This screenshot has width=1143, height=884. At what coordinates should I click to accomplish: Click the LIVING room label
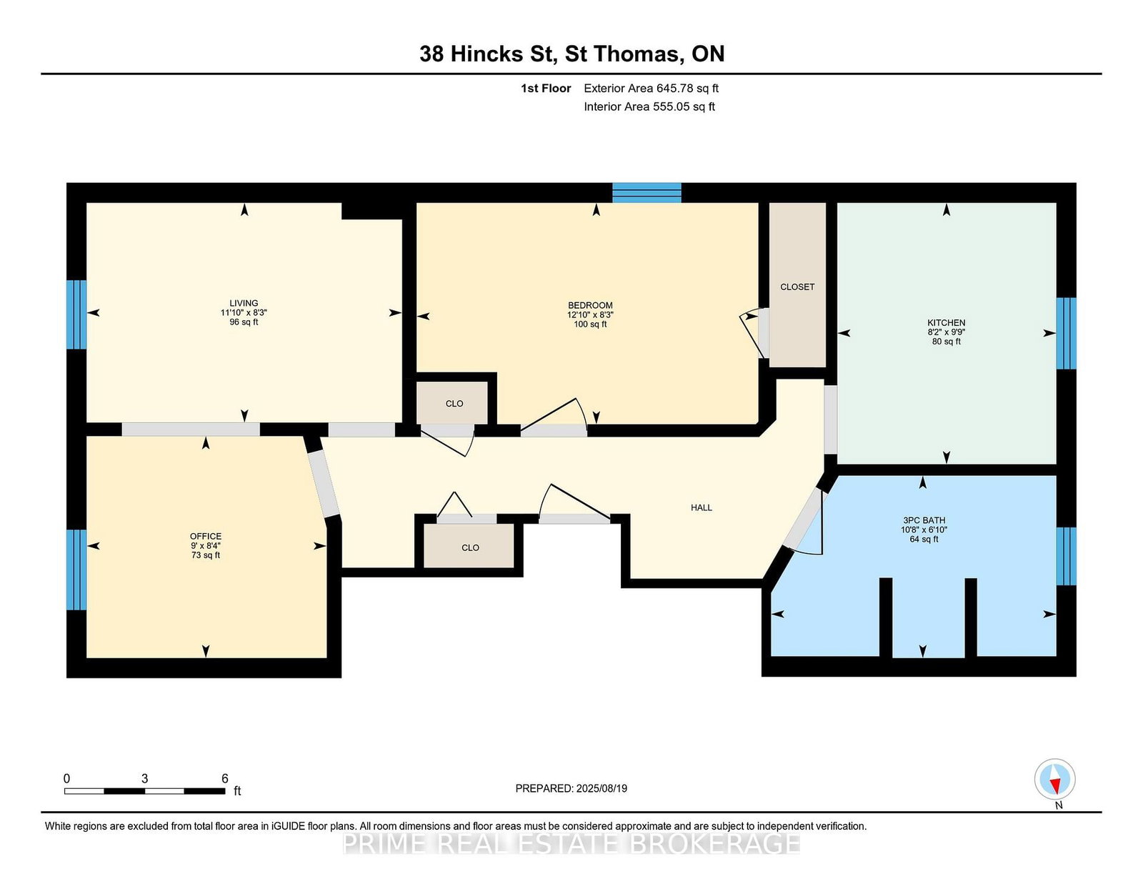pyautogui.click(x=244, y=303)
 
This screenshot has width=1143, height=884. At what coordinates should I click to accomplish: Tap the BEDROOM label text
pyautogui.click(x=590, y=305)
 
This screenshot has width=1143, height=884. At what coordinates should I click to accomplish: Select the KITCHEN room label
pyautogui.click(x=947, y=322)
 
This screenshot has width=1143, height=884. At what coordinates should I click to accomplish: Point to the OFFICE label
pyautogui.click(x=206, y=536)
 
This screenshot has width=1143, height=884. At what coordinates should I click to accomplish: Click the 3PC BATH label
pyautogui.click(x=924, y=520)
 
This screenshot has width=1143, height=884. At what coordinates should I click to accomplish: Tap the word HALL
pyautogui.click(x=702, y=507)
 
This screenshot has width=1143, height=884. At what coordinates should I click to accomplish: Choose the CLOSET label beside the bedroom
pyautogui.click(x=797, y=287)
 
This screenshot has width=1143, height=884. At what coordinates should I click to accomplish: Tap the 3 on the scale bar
pyautogui.click(x=144, y=778)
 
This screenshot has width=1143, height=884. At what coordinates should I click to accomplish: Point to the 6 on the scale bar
pyautogui.click(x=224, y=778)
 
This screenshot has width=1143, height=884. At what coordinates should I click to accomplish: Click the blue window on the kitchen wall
pyautogui.click(x=1066, y=334)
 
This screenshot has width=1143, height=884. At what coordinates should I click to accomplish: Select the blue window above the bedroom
pyautogui.click(x=647, y=192)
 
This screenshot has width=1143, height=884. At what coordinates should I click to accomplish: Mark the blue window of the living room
pyautogui.click(x=76, y=314)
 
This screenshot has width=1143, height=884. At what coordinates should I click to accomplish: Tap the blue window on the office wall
pyautogui.click(x=76, y=570)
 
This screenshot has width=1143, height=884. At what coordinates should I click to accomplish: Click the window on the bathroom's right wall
pyautogui.click(x=1066, y=556)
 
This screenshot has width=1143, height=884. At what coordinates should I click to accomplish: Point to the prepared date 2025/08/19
pyautogui.click(x=602, y=788)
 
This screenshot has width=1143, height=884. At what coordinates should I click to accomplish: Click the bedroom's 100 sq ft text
pyautogui.click(x=590, y=324)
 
